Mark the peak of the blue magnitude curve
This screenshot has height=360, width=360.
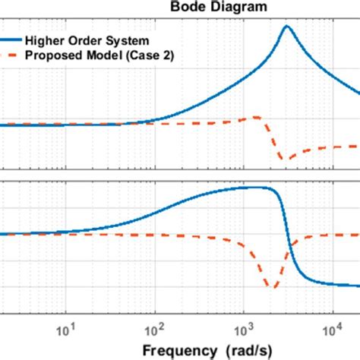click(x=286, y=27)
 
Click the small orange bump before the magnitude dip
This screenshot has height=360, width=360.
click(x=257, y=117)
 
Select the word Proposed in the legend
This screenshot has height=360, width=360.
click(x=52, y=55)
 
